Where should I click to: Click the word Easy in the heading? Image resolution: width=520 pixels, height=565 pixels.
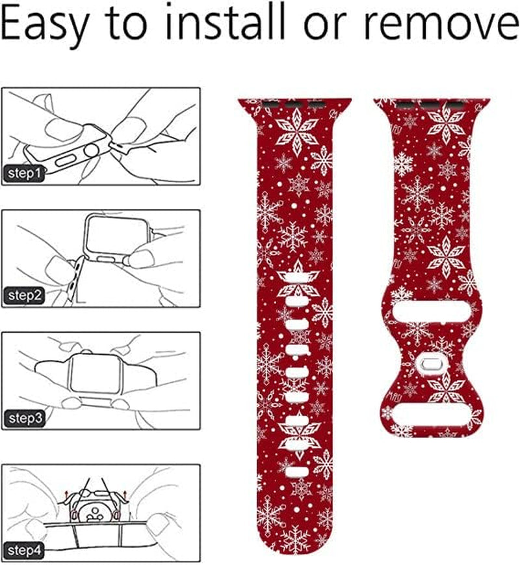tap(44, 25)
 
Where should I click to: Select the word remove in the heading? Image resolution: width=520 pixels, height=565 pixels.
tap(441, 25)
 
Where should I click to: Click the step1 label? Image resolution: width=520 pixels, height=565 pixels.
tap(24, 173)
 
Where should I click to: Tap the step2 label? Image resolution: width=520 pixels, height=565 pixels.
tap(25, 296)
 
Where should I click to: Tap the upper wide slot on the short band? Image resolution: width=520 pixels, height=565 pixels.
tap(432, 312)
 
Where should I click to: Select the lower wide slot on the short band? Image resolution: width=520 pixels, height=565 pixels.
tap(432, 414)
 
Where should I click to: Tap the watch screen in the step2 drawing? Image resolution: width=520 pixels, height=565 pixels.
tap(116, 235)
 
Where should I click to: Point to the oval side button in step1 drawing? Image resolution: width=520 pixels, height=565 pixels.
tap(66, 160)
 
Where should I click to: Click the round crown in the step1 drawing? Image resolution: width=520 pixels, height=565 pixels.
tap(91, 148)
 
